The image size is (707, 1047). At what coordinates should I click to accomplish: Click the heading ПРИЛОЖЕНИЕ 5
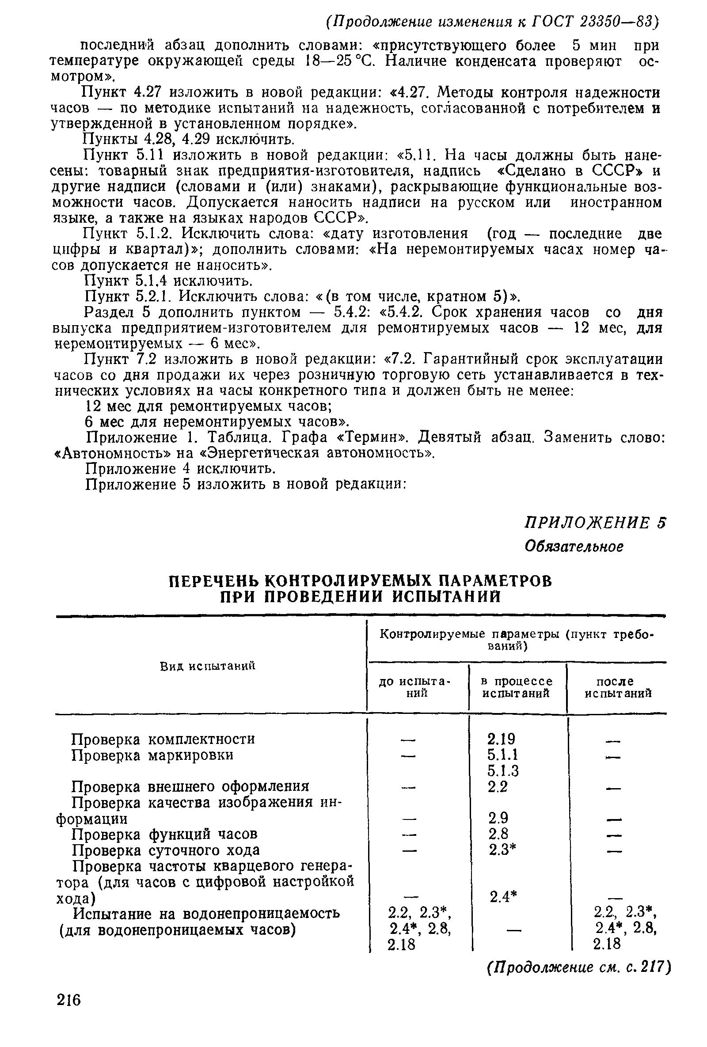(x=595, y=523)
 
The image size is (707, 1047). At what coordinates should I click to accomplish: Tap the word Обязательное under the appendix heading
(x=574, y=546)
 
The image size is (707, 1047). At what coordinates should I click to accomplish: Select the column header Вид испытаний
(x=208, y=666)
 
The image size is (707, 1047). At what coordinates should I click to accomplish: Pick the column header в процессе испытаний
(x=517, y=687)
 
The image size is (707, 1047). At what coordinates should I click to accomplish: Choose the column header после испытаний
(x=618, y=687)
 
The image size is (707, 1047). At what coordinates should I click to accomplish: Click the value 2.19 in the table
(x=501, y=739)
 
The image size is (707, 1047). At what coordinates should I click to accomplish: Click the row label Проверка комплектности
(x=163, y=739)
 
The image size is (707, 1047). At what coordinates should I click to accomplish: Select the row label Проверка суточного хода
(x=166, y=850)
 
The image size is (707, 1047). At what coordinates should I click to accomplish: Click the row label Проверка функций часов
(x=165, y=835)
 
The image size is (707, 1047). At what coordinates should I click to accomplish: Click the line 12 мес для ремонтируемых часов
(x=209, y=406)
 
